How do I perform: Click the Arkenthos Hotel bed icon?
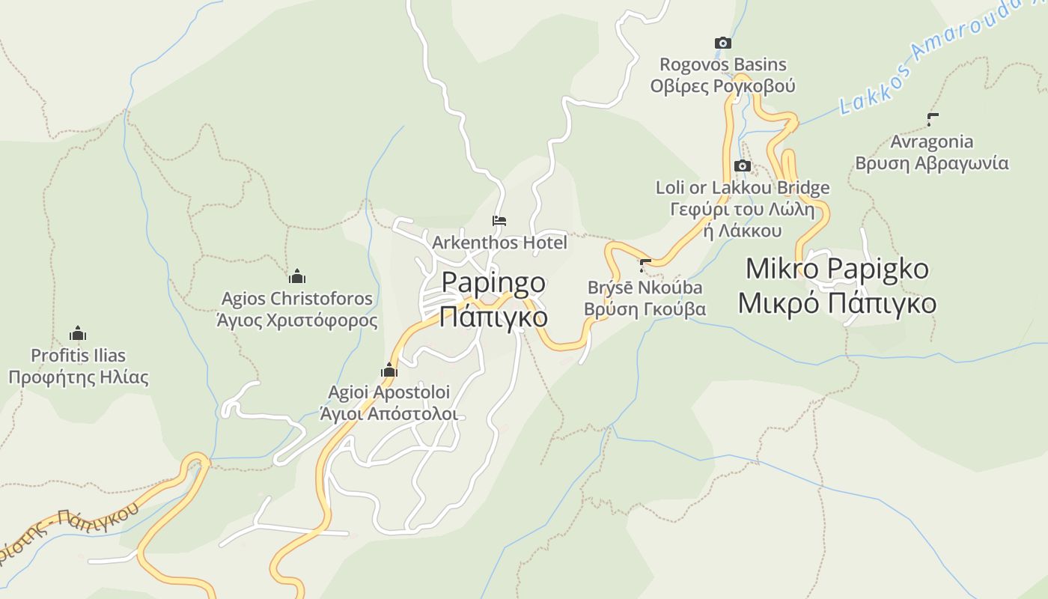tap(499, 221)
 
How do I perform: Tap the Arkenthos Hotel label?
tap(499, 243)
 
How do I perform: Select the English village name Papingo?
tap(493, 283)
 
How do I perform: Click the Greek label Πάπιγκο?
tap(493, 316)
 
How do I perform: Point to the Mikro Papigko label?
tap(837, 269)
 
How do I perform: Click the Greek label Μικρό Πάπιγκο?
tap(837, 303)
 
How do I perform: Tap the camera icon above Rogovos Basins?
tap(722, 43)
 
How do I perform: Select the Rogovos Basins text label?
tap(722, 64)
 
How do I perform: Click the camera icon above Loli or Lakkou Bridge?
tap(743, 166)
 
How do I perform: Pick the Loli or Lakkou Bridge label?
tap(743, 187)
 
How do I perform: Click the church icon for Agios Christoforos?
tap(297, 276)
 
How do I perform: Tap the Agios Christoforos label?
tap(297, 298)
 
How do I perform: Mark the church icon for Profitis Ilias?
tap(78, 334)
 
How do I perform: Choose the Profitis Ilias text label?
tap(78, 356)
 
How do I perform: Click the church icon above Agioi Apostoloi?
tap(389, 370)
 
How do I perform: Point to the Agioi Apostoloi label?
tap(389, 392)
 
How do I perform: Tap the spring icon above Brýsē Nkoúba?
tap(645, 264)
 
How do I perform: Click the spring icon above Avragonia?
tap(932, 119)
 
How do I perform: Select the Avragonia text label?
tap(932, 142)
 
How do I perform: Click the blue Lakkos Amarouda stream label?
tap(928, 60)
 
